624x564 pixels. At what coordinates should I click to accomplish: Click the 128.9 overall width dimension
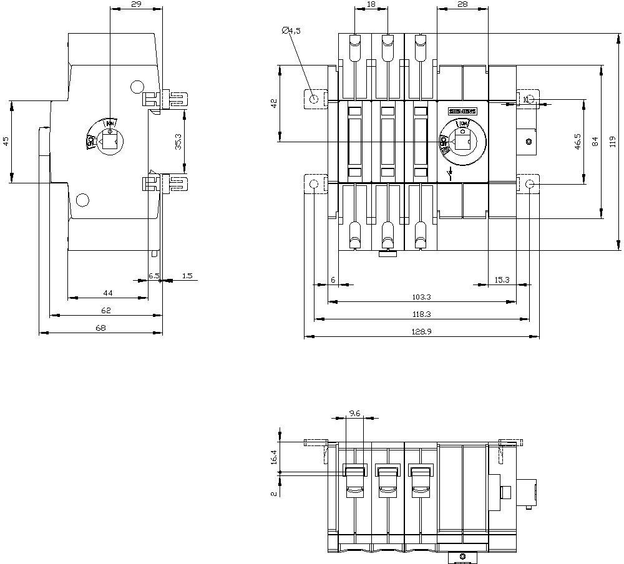point(421,332)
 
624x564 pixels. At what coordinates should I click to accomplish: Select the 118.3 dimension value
point(421,314)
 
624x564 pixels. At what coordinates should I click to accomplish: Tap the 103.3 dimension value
point(421,297)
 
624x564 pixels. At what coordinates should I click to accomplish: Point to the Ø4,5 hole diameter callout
point(291,30)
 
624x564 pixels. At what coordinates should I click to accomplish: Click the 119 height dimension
point(612,141)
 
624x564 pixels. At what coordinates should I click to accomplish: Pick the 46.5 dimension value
point(578,141)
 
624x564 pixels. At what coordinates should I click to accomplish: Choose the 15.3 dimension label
point(502,280)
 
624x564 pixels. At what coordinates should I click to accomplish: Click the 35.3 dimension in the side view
point(178,142)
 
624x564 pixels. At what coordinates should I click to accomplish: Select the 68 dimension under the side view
point(100,328)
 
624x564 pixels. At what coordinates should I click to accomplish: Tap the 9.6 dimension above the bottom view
point(354,413)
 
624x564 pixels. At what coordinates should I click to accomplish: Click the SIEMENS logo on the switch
point(462,111)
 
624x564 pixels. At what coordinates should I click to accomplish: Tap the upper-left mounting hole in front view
point(314,99)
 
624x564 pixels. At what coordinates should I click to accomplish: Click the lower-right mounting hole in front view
point(529,184)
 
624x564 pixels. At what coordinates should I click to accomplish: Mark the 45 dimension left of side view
point(6,142)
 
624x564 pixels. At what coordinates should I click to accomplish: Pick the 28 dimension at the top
point(462,4)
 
